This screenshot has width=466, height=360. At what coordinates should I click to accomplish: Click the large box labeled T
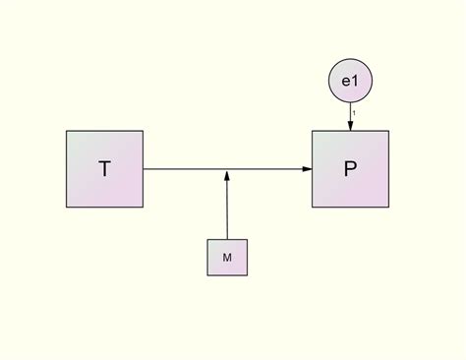104,169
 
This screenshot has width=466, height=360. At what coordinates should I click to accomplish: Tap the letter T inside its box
104,169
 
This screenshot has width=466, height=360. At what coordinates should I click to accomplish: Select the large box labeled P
350,169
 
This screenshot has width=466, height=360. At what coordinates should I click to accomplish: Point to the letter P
350,169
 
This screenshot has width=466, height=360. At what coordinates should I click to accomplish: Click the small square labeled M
227,257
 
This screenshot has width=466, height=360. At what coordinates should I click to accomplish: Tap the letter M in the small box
227,258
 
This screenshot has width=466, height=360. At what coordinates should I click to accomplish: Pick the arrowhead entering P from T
307,169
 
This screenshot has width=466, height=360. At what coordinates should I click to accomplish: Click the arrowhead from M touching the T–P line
227,175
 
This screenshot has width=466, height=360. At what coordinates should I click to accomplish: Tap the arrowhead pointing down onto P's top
350,125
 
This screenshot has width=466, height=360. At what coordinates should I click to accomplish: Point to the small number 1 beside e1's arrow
355,112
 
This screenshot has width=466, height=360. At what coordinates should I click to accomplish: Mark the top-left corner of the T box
67,131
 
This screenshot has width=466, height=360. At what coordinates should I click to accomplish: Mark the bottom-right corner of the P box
388,208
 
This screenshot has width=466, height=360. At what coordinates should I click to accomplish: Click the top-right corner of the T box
143,131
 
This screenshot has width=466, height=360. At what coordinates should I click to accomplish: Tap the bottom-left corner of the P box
313,208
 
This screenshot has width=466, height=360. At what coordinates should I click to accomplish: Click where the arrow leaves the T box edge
144,169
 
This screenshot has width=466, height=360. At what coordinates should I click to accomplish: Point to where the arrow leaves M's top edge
227,239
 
